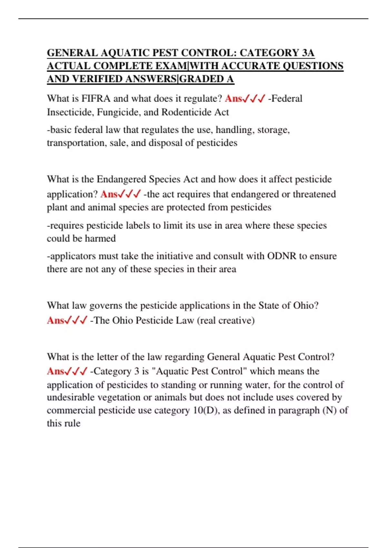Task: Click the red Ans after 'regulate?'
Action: (x=233, y=99)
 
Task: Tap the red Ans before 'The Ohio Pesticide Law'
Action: (x=55, y=320)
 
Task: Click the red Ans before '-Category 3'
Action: (x=55, y=371)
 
